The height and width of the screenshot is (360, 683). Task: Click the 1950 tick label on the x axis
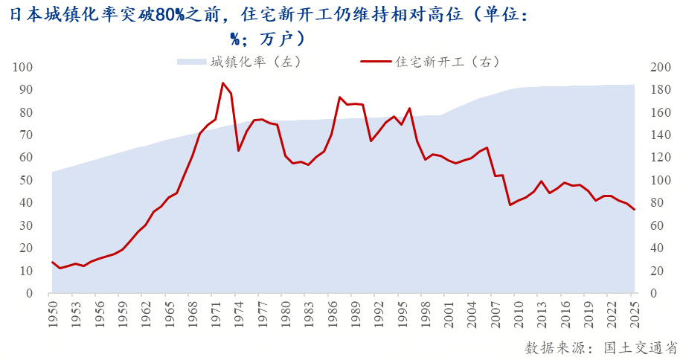(52, 310)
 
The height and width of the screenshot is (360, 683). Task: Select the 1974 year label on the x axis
(239, 310)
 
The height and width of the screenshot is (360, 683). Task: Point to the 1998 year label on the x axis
(425, 310)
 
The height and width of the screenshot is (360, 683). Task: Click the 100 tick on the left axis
(23, 68)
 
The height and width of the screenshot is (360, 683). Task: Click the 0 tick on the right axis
(655, 293)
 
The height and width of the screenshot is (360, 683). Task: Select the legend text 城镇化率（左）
(254, 62)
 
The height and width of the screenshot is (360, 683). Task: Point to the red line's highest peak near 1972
(223, 83)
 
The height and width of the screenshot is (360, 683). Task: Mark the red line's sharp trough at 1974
(239, 151)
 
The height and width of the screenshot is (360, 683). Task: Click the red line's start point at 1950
(52, 262)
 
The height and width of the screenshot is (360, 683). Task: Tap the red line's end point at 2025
(635, 210)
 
